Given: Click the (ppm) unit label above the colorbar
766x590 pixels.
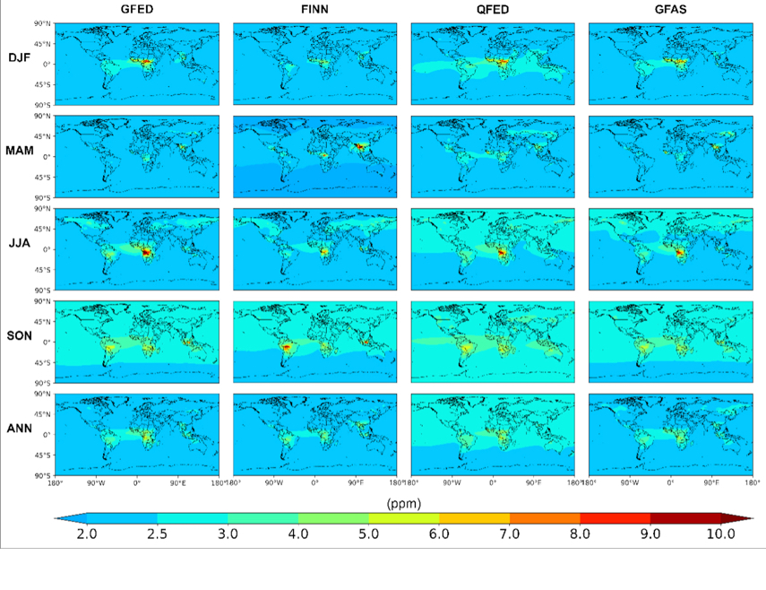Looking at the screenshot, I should (403, 503).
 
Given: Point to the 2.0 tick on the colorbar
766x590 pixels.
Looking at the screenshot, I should (87, 534).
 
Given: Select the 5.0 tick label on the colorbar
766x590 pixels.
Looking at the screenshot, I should (368, 534).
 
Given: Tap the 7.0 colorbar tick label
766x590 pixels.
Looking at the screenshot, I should (510, 534).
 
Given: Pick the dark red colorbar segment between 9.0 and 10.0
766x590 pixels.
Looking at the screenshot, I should (686, 518).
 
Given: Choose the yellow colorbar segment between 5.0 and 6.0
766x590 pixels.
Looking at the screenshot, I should (404, 518).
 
